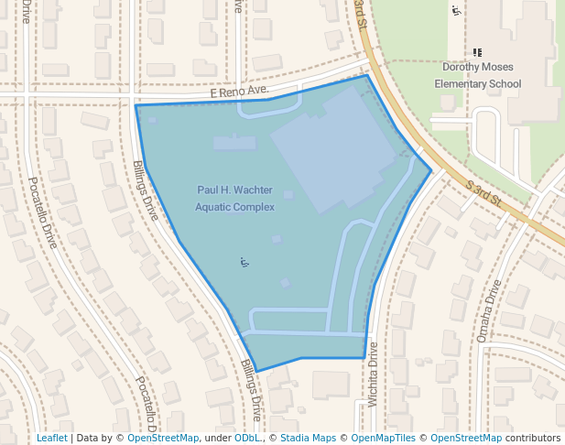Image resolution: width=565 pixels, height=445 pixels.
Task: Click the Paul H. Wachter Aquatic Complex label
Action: [234, 198]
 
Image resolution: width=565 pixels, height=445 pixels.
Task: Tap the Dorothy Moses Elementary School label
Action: [477, 75]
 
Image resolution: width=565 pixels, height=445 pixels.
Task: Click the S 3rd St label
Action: [485, 193]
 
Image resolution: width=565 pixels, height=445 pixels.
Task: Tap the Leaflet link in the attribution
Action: [51, 438]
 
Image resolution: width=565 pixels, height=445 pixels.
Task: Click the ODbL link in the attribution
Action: [247, 438]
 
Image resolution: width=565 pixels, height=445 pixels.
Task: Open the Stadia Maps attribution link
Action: [308, 438]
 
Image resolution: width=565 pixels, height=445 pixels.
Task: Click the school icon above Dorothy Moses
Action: [477, 52]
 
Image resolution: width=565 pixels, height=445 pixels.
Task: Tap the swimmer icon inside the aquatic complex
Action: [244, 262]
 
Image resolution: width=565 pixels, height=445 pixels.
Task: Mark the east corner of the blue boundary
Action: [431, 170]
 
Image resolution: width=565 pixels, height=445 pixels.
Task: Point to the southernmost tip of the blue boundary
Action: [256, 371]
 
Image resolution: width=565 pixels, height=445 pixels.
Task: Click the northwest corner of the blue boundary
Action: [136, 105]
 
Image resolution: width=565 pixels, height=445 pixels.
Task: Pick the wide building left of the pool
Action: [234, 143]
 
